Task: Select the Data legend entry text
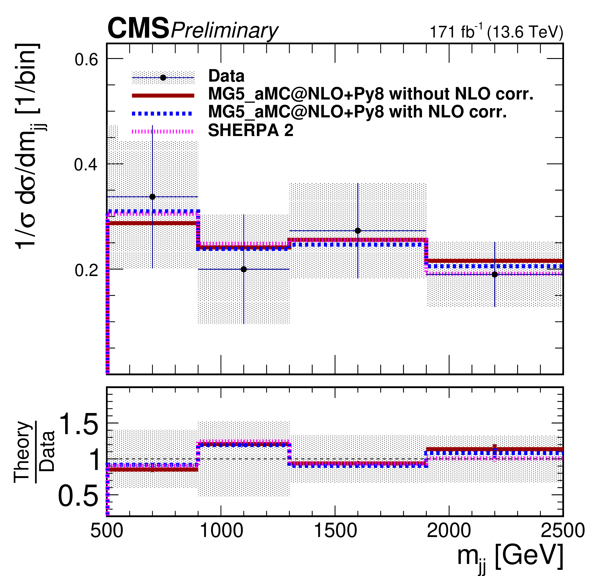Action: [226, 76]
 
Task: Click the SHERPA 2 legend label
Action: [250, 131]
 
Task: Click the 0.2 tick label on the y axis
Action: [86, 270]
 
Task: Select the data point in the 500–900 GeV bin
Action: [152, 197]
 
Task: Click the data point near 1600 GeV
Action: [358, 231]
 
